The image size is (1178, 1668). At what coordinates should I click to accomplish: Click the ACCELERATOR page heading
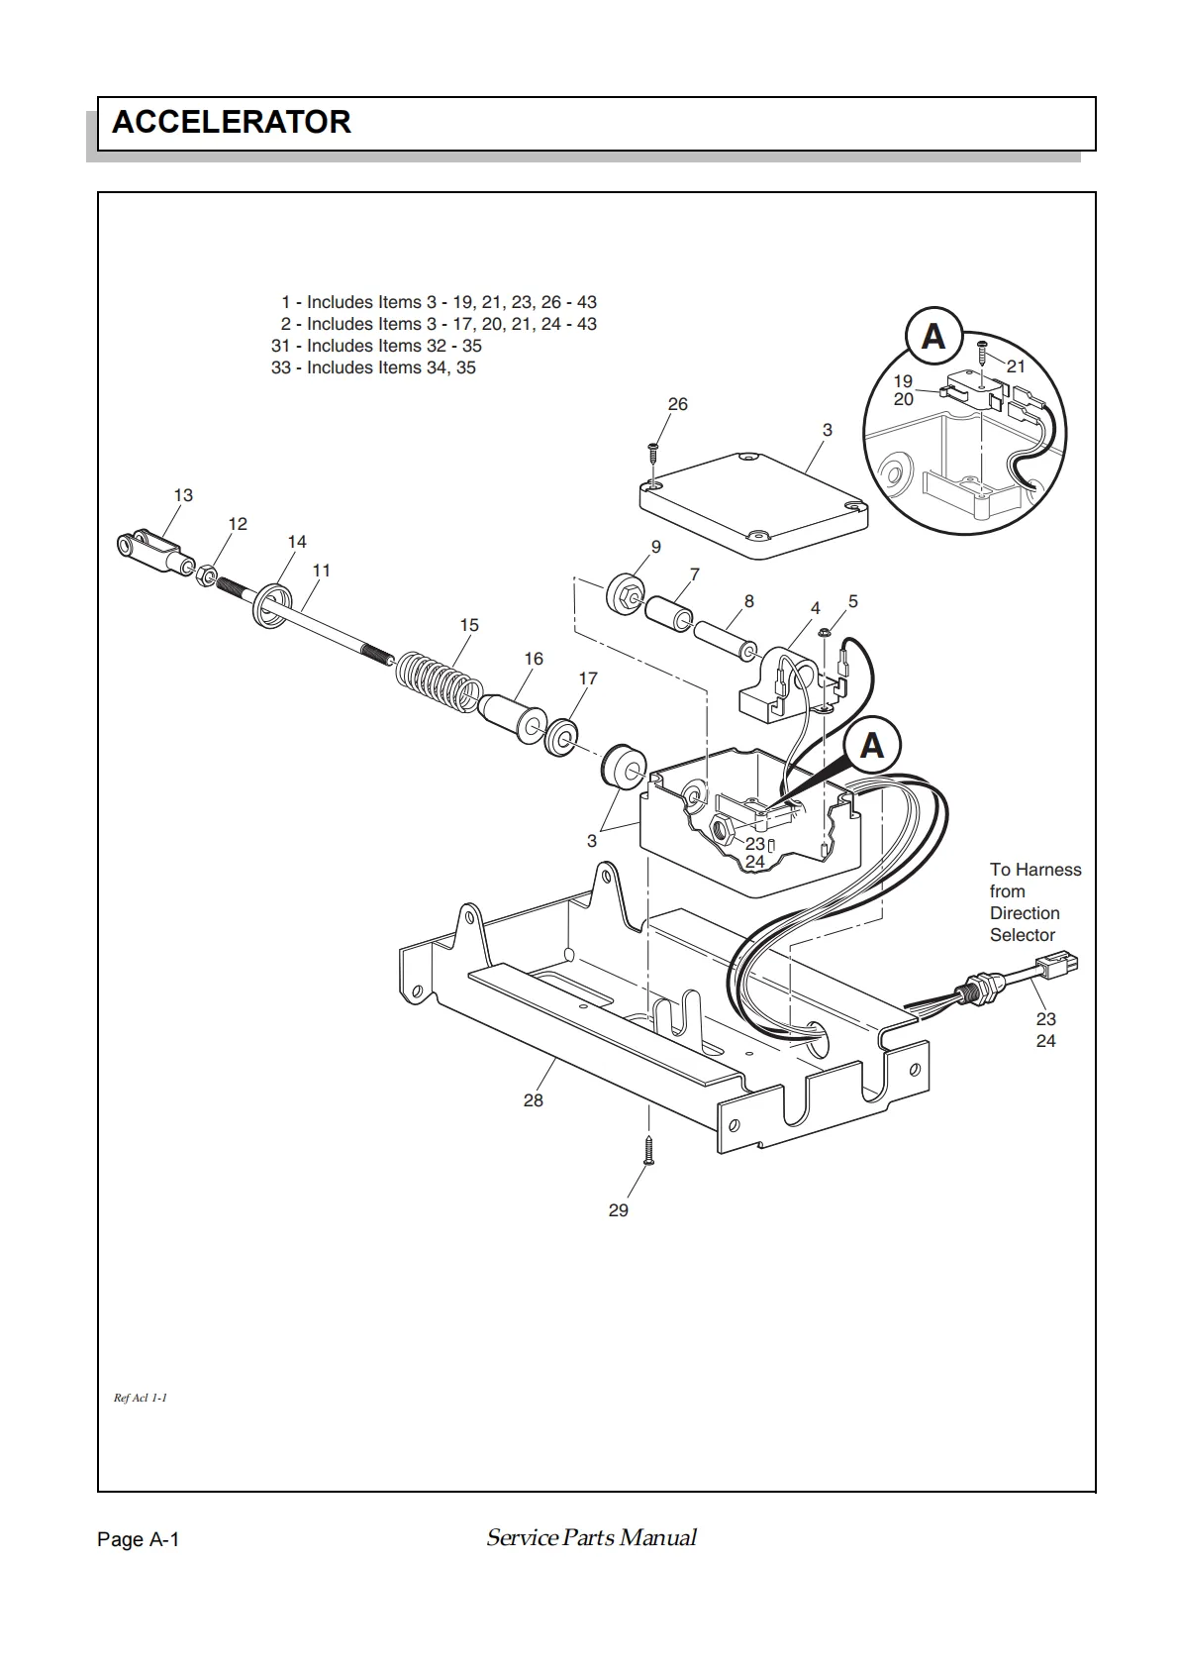click(231, 122)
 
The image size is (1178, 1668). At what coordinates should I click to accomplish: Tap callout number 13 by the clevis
click(183, 495)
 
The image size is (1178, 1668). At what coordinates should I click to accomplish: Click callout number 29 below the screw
click(619, 1210)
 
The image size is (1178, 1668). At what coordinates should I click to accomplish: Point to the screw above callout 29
click(649, 1150)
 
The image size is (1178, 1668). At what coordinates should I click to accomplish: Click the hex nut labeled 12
click(208, 574)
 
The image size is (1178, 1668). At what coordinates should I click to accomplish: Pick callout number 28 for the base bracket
click(534, 1099)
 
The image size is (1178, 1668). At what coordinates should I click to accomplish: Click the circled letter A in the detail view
click(933, 336)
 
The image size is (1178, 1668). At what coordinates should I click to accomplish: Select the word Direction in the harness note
click(1025, 913)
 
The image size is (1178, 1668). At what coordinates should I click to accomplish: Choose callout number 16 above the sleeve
click(534, 659)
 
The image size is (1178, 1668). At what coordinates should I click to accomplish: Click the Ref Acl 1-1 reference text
click(140, 1398)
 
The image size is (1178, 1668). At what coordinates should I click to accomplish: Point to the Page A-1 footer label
click(139, 1539)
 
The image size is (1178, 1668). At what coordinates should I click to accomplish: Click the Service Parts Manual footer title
click(591, 1537)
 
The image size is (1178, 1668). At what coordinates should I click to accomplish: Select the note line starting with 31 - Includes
click(376, 346)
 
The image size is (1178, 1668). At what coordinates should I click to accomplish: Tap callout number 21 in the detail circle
click(1016, 366)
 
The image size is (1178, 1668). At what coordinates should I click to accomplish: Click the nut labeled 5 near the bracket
click(825, 633)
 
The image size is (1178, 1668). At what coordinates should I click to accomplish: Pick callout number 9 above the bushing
click(655, 547)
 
